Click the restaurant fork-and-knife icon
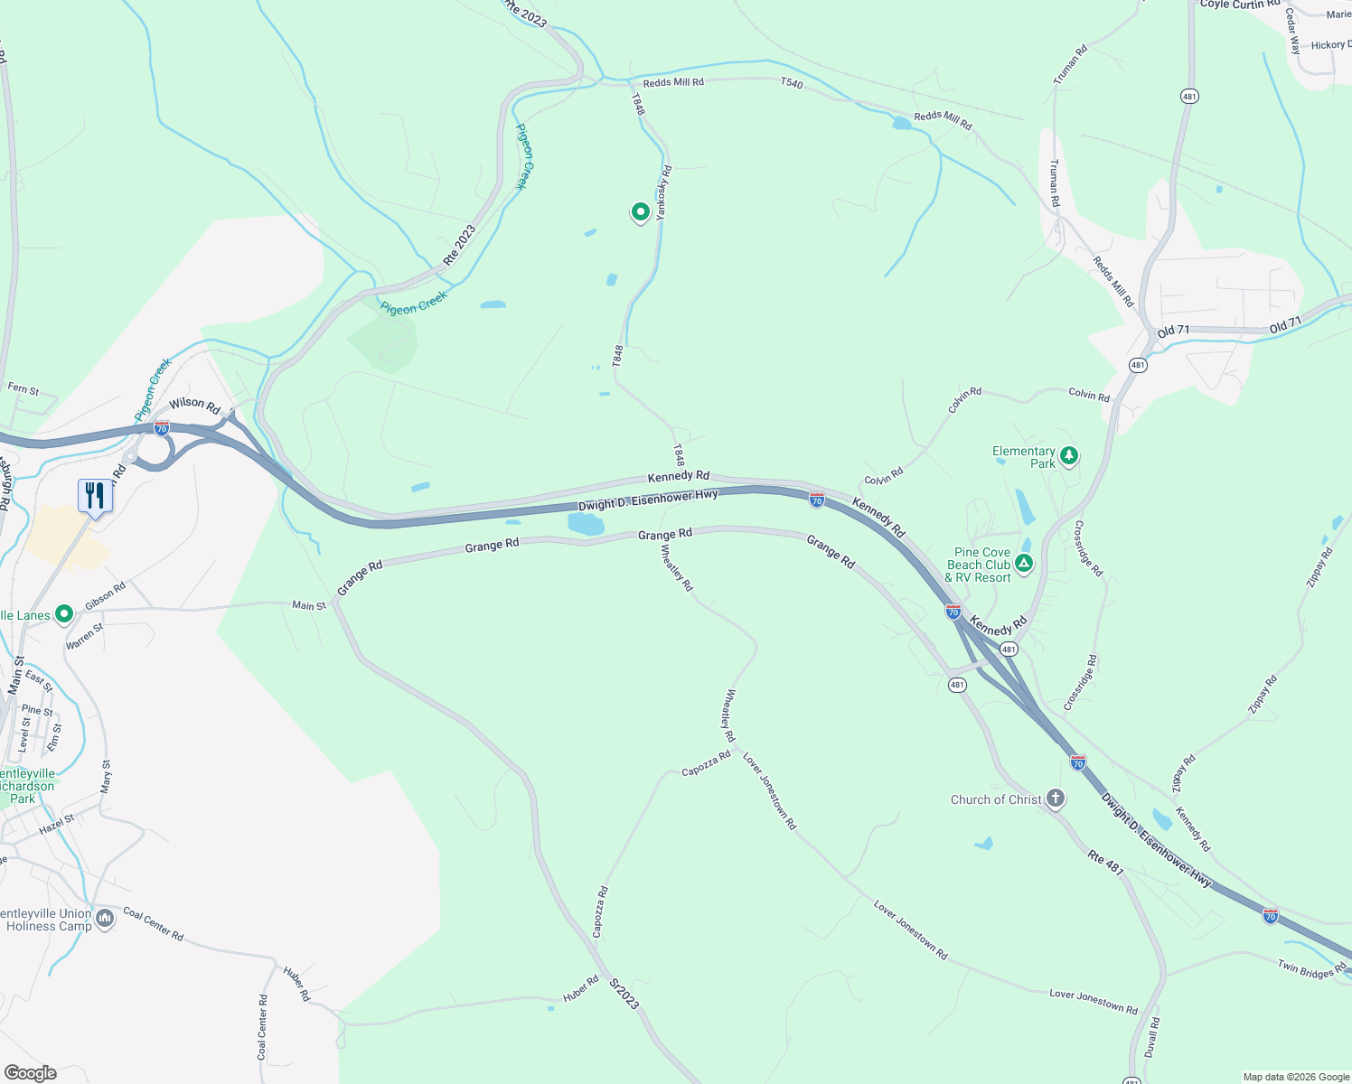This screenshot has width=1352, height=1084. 95,495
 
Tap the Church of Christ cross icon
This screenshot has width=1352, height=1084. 1055,799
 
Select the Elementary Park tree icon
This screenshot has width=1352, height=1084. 1069,455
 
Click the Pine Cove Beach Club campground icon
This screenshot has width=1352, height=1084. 1024,565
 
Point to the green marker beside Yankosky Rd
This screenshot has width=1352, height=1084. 640,212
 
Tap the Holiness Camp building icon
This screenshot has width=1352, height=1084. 105,919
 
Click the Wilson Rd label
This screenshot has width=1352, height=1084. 194,406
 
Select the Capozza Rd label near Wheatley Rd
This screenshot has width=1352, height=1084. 706,763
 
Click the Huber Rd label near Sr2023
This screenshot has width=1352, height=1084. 581,988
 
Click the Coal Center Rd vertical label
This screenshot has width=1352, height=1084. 262,1027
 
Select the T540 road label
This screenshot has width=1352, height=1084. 791,83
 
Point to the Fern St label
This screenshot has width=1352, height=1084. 23,389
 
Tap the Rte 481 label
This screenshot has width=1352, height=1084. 1105,863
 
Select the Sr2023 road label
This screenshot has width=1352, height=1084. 624,994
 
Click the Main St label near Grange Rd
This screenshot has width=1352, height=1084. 309,605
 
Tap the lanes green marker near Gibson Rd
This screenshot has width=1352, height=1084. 64,615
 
